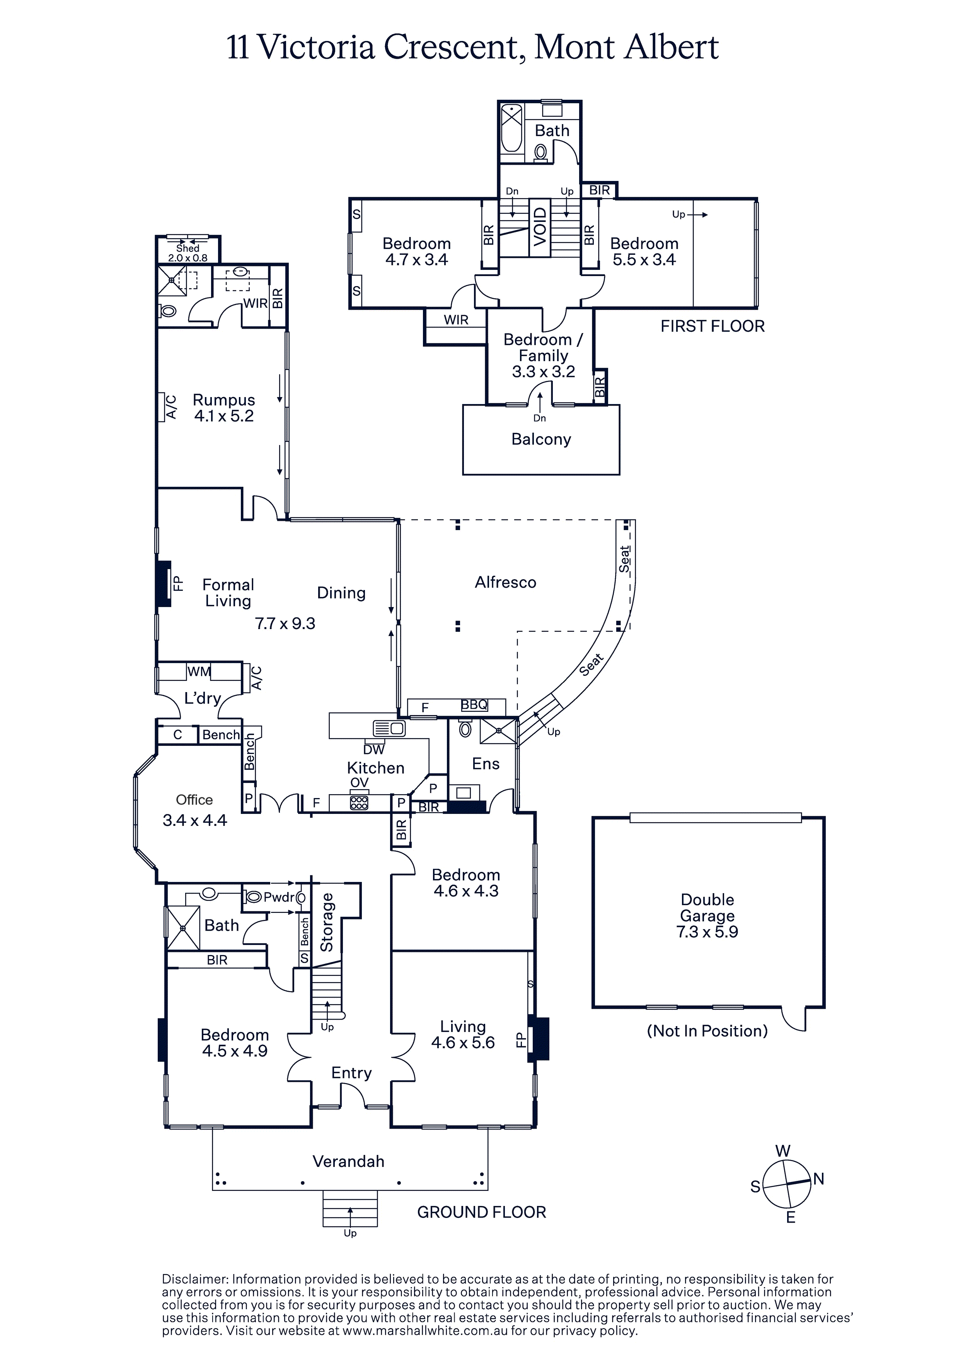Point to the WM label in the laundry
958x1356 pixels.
coord(199,672)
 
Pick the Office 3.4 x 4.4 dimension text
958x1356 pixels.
coord(194,820)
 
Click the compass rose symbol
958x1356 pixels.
coord(787,1184)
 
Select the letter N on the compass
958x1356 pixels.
coord(818,1179)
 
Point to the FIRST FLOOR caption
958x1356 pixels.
coord(712,326)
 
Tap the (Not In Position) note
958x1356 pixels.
coord(707,1031)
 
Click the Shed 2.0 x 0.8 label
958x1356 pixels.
coord(188,253)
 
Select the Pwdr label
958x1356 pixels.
coord(279,898)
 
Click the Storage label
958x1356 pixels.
coord(327,923)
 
